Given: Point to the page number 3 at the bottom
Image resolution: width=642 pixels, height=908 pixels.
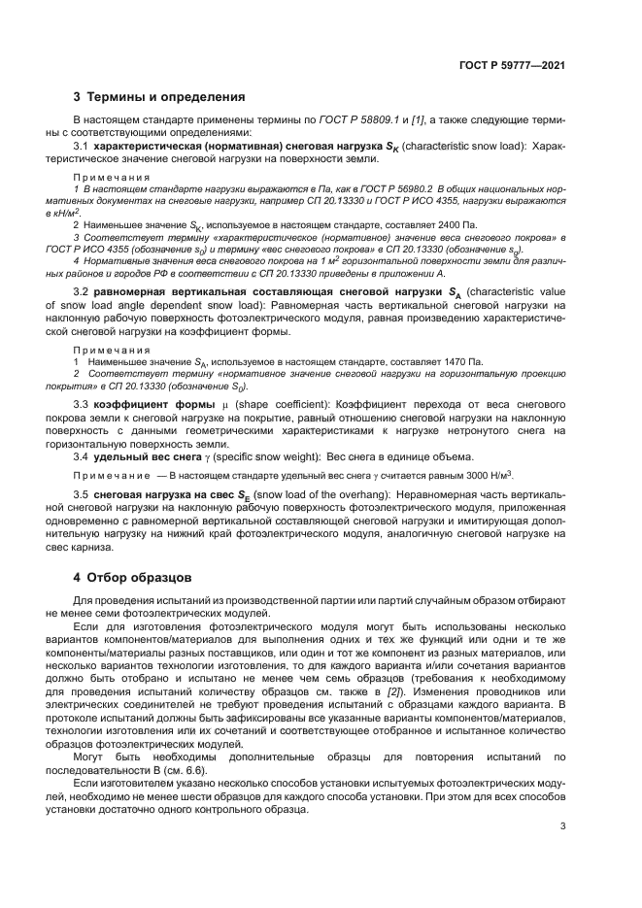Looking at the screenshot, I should pyautogui.click(x=562, y=826).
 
